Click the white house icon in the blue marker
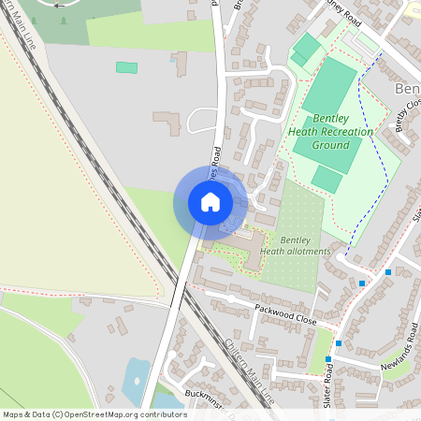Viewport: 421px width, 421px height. [210, 203]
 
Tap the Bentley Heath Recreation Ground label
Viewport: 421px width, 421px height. [329, 132]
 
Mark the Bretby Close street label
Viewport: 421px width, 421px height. [408, 113]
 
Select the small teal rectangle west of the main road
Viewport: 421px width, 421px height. [126, 67]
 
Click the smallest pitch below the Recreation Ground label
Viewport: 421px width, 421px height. [327, 179]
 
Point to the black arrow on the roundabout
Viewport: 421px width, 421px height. [62, 5]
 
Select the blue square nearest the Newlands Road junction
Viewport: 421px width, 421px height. [328, 359]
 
